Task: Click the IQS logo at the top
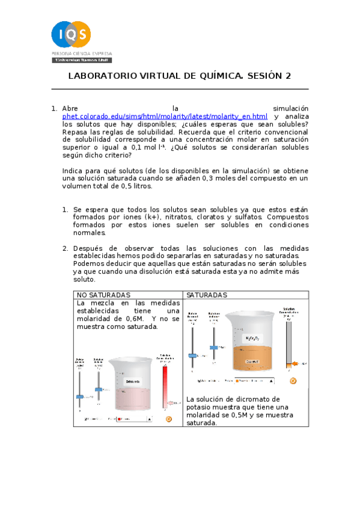pyautogui.click(x=72, y=35)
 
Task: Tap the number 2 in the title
pyautogui.click(x=288, y=76)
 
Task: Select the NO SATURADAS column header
pyautogui.click(x=103, y=295)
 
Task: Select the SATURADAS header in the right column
pyautogui.click(x=207, y=295)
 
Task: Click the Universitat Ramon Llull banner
pyautogui.click(x=72, y=61)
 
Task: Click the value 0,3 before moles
pyautogui.click(x=172, y=178)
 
